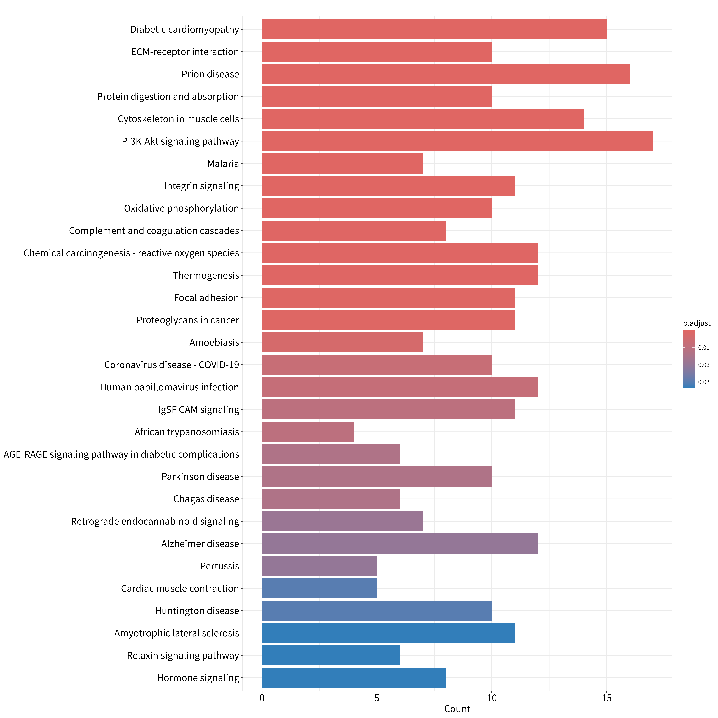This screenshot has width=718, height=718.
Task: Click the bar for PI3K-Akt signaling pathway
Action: click(457, 141)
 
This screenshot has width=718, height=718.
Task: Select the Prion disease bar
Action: click(446, 74)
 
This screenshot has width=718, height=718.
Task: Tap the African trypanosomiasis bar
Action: click(308, 432)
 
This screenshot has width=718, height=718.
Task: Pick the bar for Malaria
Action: click(342, 163)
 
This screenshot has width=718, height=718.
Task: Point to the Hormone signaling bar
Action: click(354, 678)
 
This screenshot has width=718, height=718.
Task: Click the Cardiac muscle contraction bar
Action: click(319, 588)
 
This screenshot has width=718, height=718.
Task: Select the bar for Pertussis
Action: click(319, 566)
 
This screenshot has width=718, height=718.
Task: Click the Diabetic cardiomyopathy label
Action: click(185, 29)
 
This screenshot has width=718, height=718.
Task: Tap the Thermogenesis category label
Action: click(206, 275)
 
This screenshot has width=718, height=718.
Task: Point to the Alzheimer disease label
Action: click(200, 544)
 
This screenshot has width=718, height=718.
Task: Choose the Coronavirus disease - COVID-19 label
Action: click(172, 365)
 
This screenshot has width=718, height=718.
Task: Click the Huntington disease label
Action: click(197, 611)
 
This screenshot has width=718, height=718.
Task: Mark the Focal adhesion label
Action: click(207, 298)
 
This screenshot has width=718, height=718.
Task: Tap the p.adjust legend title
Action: click(697, 323)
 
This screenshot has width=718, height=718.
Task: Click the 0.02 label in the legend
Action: click(704, 365)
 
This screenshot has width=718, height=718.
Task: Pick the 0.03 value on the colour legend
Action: click(704, 382)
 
